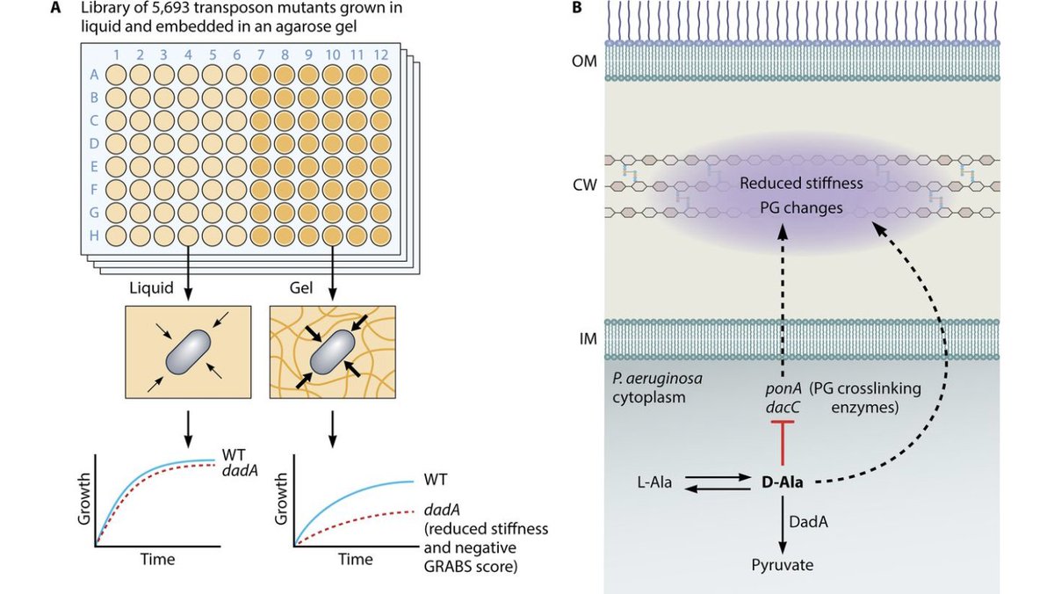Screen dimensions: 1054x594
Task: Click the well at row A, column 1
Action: [x=116, y=75]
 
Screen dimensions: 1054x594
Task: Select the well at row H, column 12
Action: [x=380, y=235]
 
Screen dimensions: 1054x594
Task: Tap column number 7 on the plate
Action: [x=261, y=55]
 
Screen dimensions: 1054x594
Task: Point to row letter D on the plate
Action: [x=94, y=143]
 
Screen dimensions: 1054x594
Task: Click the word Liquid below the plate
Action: [x=151, y=287]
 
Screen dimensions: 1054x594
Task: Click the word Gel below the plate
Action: [x=301, y=287]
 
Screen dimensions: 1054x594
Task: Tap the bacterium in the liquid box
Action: [x=188, y=352]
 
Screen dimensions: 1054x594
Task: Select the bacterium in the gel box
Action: [x=332, y=352]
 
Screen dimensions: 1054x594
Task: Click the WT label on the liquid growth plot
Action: [x=234, y=454]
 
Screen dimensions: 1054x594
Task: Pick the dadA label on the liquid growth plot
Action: [x=240, y=471]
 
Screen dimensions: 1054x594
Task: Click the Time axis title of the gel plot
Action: [x=355, y=559]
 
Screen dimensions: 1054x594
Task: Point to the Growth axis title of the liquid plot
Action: [x=83, y=499]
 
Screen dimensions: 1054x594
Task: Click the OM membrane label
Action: [x=584, y=62]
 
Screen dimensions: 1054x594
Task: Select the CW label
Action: [x=585, y=185]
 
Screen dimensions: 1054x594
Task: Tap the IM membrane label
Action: [x=588, y=339]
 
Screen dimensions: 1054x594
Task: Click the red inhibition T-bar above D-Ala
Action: [x=783, y=443]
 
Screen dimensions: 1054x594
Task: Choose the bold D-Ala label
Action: [x=782, y=482]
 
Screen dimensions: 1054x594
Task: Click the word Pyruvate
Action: [x=782, y=565]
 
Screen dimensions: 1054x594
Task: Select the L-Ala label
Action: [x=654, y=482]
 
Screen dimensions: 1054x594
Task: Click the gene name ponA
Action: [x=783, y=388]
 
